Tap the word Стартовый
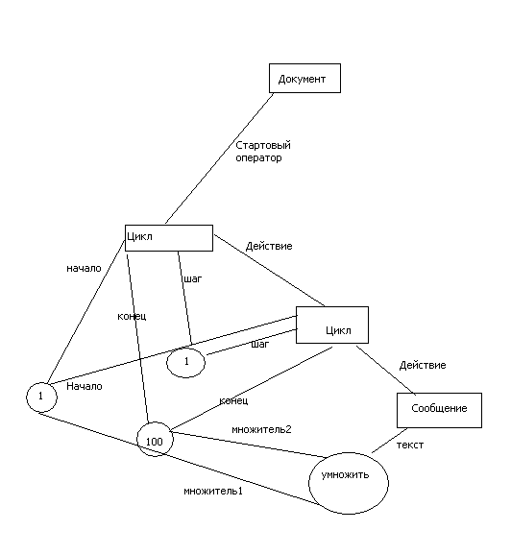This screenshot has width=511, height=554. click(x=263, y=145)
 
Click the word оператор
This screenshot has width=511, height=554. click(x=258, y=157)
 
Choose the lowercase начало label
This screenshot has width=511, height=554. click(x=84, y=269)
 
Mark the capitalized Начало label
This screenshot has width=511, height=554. click(x=85, y=386)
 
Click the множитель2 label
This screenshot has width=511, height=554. click(x=261, y=429)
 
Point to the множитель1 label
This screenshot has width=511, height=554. click(x=213, y=491)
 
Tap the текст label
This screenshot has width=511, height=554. click(x=410, y=446)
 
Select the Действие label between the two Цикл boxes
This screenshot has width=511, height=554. click(x=269, y=246)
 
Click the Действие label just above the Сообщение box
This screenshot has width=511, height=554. click(x=423, y=365)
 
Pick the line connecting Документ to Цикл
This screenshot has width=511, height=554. click(x=219, y=158)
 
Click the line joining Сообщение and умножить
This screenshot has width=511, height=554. click(x=389, y=441)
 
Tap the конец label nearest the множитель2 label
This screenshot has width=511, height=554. click(x=233, y=400)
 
